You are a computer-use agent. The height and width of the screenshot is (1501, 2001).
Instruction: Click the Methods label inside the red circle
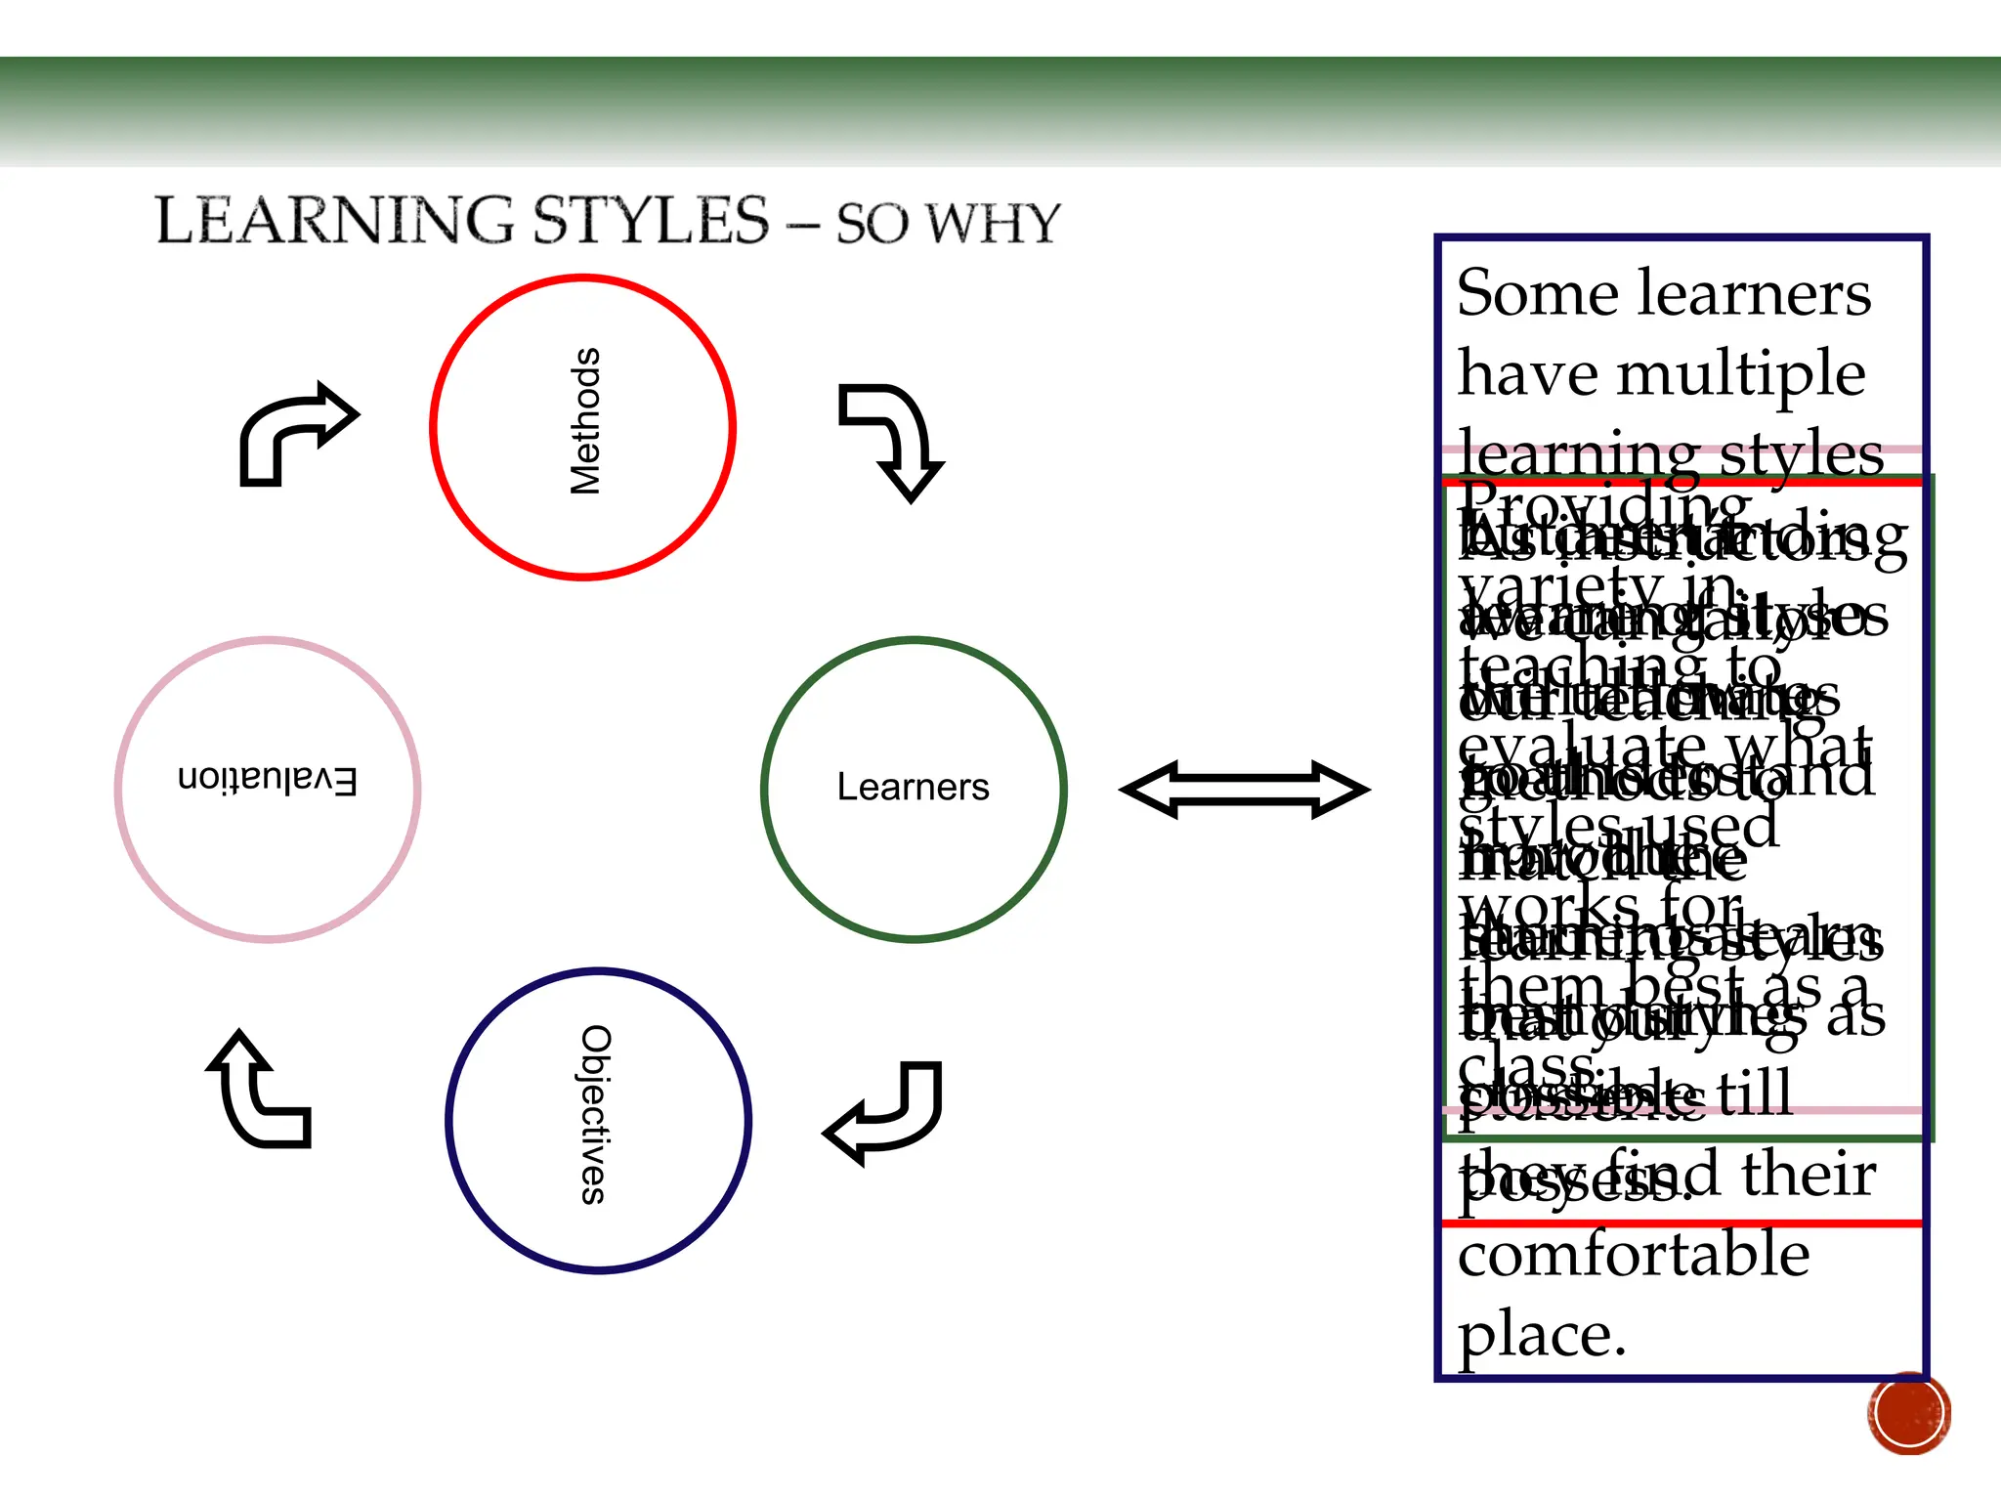pyautogui.click(x=584, y=421)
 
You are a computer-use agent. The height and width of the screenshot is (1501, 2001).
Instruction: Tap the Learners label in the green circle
pyautogui.click(x=913, y=787)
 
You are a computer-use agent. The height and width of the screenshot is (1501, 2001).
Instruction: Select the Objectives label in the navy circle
pyautogui.click(x=595, y=1114)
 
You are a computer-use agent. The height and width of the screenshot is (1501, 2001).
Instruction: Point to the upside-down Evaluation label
pyautogui.click(x=268, y=780)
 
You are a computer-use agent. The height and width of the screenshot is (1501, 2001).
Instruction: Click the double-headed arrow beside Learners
pyautogui.click(x=1244, y=789)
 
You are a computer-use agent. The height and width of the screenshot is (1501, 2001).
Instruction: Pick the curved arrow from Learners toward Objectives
pyautogui.click(x=887, y=1111)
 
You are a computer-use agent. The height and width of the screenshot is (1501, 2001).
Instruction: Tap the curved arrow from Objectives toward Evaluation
pyautogui.click(x=258, y=1092)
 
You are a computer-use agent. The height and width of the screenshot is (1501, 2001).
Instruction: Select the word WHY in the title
pyautogui.click(x=993, y=224)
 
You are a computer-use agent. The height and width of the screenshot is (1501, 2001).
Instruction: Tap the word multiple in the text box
pyautogui.click(x=1741, y=374)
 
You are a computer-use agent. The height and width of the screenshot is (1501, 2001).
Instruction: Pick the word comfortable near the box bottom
pyautogui.click(x=1634, y=1255)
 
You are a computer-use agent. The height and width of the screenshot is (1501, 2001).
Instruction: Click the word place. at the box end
pyautogui.click(x=1542, y=1335)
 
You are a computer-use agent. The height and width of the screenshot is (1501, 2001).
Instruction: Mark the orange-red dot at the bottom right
pyautogui.click(x=1908, y=1413)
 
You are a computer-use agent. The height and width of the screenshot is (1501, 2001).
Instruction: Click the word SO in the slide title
pyautogui.click(x=873, y=224)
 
